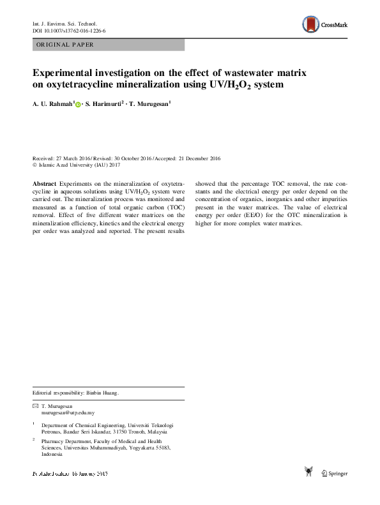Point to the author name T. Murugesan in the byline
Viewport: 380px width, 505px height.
point(149,104)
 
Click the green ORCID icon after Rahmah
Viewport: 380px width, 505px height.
point(79,105)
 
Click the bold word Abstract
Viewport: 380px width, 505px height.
point(44,183)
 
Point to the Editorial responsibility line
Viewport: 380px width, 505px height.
point(75,393)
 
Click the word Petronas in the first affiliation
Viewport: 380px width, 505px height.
point(53,431)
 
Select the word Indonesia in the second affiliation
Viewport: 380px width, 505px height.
point(52,454)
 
